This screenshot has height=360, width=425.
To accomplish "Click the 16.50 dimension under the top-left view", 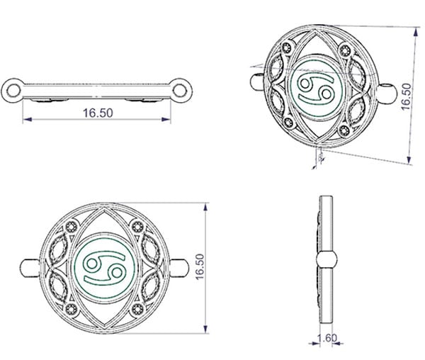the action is [x=98, y=113].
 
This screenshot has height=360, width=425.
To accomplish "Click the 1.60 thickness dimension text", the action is [x=327, y=338].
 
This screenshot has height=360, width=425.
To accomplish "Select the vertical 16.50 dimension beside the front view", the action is [x=200, y=266].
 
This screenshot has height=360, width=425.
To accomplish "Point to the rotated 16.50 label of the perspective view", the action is [x=406, y=97].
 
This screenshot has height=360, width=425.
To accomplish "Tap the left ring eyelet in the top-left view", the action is [x=13, y=90].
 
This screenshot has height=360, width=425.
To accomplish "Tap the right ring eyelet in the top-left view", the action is [x=180, y=90].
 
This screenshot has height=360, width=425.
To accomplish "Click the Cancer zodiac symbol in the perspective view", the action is [x=315, y=89].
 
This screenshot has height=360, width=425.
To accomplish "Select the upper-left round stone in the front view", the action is [x=72, y=227].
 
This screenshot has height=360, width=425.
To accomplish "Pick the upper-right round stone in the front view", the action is [x=137, y=226].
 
